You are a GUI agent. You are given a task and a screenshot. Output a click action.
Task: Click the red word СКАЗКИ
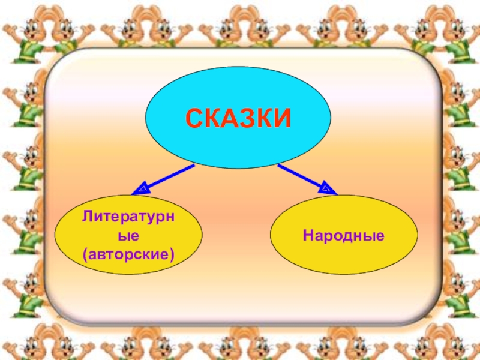point(238,118)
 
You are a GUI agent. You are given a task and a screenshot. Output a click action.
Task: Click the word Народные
point(344,235)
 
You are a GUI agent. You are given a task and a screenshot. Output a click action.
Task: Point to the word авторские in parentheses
point(128,255)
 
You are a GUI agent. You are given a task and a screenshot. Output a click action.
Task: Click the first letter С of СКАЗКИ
point(194,118)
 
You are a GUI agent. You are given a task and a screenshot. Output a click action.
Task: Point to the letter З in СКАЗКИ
point(247,118)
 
